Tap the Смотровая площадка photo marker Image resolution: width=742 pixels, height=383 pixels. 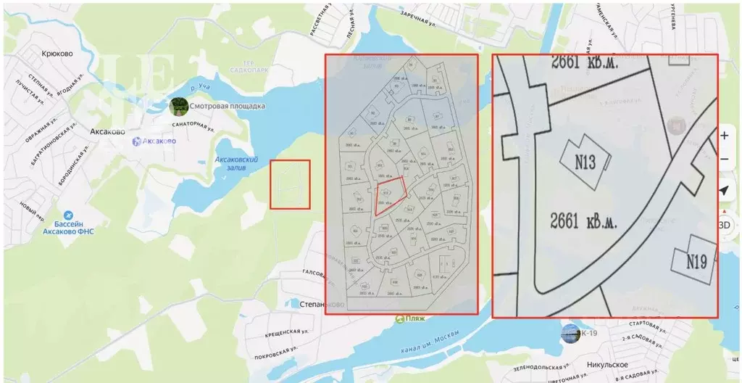(178, 107)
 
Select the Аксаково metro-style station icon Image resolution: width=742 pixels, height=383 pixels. (137, 141)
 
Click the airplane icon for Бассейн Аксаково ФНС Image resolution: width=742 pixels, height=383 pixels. (68, 215)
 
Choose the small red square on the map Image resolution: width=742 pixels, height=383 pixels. (290, 184)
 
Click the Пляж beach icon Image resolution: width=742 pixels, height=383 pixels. (399, 318)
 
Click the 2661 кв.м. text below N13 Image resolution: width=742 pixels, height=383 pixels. (583, 221)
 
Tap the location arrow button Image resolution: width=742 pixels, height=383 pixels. (723, 191)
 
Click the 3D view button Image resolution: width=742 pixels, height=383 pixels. (723, 225)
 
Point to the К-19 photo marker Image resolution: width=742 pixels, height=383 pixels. (570, 334)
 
